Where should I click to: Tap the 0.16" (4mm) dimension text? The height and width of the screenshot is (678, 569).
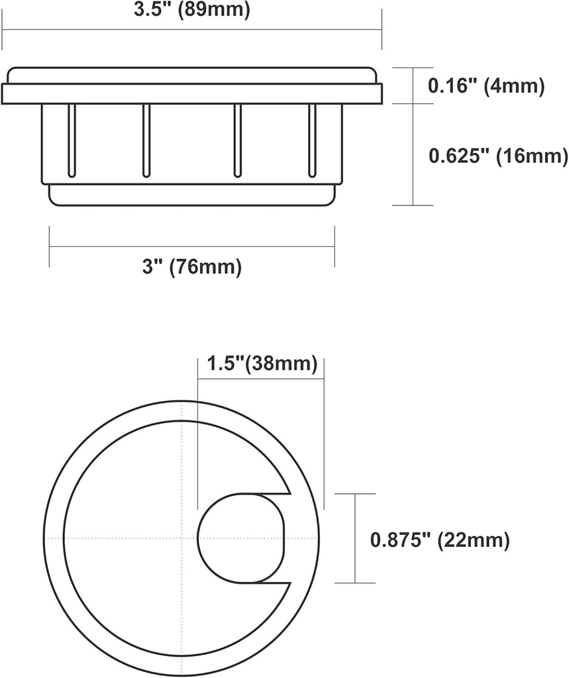pyautogui.click(x=486, y=85)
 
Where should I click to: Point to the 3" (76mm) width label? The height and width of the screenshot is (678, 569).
pyautogui.click(x=191, y=267)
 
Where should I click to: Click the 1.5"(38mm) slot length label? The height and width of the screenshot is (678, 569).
pyautogui.click(x=262, y=364)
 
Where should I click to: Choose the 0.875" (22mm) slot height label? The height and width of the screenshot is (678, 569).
pyautogui.click(x=440, y=540)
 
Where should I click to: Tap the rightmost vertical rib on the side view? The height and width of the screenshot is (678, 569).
pyautogui.click(x=311, y=140)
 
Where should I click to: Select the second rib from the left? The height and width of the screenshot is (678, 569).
pyautogui.click(x=146, y=140)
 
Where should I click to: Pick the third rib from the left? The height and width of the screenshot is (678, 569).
pyautogui.click(x=237, y=140)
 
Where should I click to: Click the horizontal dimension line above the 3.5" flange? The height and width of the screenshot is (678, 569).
pyautogui.click(x=191, y=29)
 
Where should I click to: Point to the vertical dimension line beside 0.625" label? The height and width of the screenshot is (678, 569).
pyautogui.click(x=413, y=154)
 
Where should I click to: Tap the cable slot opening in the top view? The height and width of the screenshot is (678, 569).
pyautogui.click(x=242, y=538)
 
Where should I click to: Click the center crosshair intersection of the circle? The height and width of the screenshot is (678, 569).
pyautogui.click(x=181, y=538)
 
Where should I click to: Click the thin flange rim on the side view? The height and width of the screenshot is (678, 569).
pyautogui.click(x=191, y=93)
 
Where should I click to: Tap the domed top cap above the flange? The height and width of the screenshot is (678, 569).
pyautogui.click(x=191, y=74)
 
